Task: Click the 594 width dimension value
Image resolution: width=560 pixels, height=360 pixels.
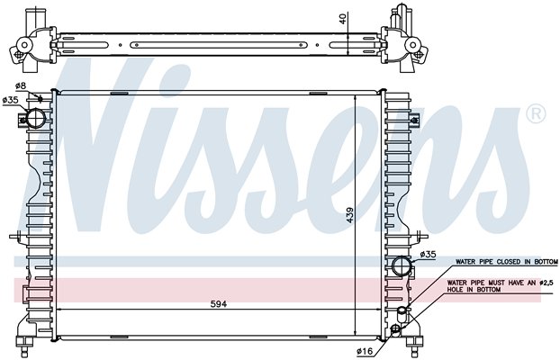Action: [x=218, y=304]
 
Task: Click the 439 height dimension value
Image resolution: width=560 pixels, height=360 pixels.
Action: [x=349, y=215]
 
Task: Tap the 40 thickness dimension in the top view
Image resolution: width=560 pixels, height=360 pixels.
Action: [x=343, y=19]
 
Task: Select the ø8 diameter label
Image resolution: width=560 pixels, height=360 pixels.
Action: [x=21, y=85]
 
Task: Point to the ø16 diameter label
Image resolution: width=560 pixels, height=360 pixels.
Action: [x=365, y=351]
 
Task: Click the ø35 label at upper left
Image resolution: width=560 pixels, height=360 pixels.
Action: [x=10, y=101]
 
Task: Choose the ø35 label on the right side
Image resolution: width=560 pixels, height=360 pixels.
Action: [x=428, y=255]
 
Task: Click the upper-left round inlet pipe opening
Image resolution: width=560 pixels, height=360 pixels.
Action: [x=36, y=119]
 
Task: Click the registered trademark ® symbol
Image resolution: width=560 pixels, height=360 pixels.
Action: [x=536, y=114]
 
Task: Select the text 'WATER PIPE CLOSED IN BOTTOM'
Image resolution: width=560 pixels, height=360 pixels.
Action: [x=506, y=262]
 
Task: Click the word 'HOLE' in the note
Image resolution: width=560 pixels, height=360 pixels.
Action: [x=456, y=290]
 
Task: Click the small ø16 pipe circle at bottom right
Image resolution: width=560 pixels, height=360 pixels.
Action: [x=395, y=328]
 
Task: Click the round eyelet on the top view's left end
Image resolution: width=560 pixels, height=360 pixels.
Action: [x=24, y=45]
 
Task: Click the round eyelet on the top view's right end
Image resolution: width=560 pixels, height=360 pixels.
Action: [x=413, y=45]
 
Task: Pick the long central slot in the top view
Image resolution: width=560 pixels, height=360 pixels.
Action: [x=219, y=45]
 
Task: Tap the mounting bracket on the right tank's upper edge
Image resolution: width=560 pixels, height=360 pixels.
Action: [x=414, y=120]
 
